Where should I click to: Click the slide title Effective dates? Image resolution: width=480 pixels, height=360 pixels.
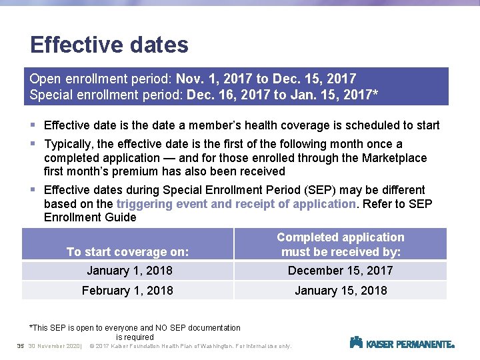click(109, 45)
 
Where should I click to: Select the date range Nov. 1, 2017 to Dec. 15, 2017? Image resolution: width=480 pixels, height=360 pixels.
click(266, 79)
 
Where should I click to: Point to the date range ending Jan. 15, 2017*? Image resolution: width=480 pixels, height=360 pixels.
click(283, 95)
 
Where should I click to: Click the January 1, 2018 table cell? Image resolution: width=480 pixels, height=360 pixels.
click(129, 271)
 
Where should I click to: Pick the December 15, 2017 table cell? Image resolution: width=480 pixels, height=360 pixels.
click(340, 271)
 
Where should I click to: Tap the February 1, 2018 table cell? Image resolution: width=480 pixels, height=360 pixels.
click(127, 291)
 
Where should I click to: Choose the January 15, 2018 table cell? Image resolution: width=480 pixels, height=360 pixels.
click(340, 291)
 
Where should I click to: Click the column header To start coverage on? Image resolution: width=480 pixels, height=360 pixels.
click(127, 252)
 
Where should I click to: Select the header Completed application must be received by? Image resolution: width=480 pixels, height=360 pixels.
click(340, 245)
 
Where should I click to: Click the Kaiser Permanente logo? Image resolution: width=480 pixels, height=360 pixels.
click(402, 343)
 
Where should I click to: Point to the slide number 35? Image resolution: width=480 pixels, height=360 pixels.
click(20, 346)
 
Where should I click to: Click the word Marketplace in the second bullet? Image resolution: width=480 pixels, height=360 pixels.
click(393, 158)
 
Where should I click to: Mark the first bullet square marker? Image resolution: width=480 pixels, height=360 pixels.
click(33, 125)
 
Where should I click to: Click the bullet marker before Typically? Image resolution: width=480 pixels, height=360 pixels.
click(33, 144)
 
